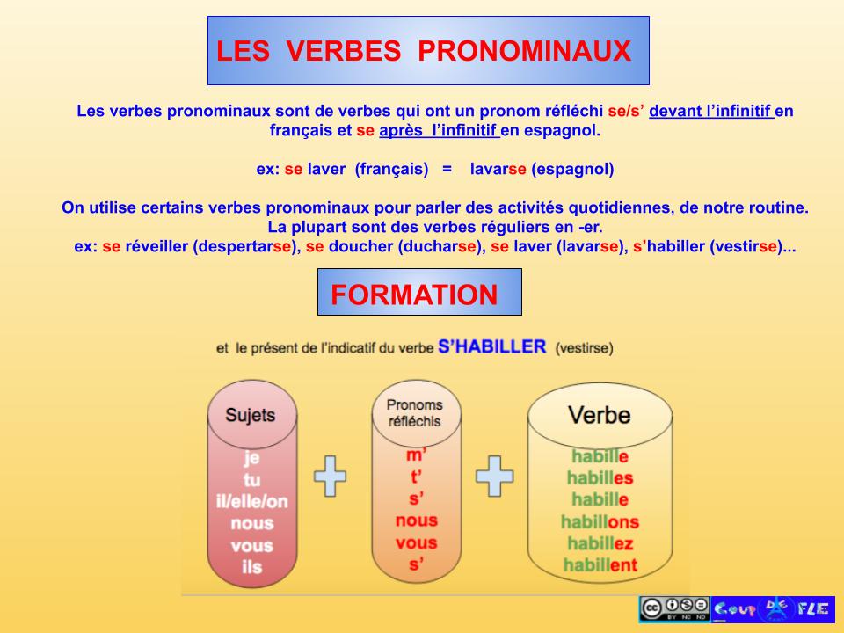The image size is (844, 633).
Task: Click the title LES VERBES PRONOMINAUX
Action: [x=424, y=51]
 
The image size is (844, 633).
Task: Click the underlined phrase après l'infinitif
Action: [x=439, y=131]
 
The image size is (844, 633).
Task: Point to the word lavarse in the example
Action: [x=498, y=169]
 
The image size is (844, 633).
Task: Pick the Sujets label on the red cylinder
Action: [x=250, y=415]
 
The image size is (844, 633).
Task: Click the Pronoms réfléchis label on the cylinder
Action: [x=415, y=413]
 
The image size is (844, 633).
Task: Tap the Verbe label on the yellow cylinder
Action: [x=600, y=414]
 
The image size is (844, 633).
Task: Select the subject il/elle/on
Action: [x=251, y=502]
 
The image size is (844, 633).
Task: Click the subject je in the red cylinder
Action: [x=251, y=458]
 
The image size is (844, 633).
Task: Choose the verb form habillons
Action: [x=600, y=522]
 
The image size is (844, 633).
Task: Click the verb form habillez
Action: [x=601, y=543]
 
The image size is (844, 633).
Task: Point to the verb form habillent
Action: [x=600, y=565]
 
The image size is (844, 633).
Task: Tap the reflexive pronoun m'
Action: [x=416, y=456]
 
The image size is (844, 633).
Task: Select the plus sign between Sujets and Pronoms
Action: [x=330, y=475]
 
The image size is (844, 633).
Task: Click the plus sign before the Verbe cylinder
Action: [x=493, y=475]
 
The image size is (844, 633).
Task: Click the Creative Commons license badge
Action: [x=674, y=608]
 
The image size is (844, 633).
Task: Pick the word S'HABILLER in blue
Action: [x=491, y=346]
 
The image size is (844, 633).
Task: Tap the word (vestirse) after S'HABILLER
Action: [x=584, y=348]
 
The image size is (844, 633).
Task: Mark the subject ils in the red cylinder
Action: [x=251, y=568]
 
